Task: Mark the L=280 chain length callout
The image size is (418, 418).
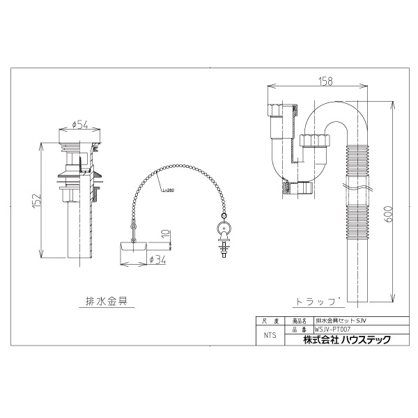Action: click(167, 189)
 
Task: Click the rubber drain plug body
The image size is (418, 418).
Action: click(130, 246)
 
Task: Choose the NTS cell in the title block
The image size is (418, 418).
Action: click(270, 335)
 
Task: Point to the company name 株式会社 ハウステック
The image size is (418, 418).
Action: click(346, 339)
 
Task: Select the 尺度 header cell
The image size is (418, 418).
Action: click(270, 321)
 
